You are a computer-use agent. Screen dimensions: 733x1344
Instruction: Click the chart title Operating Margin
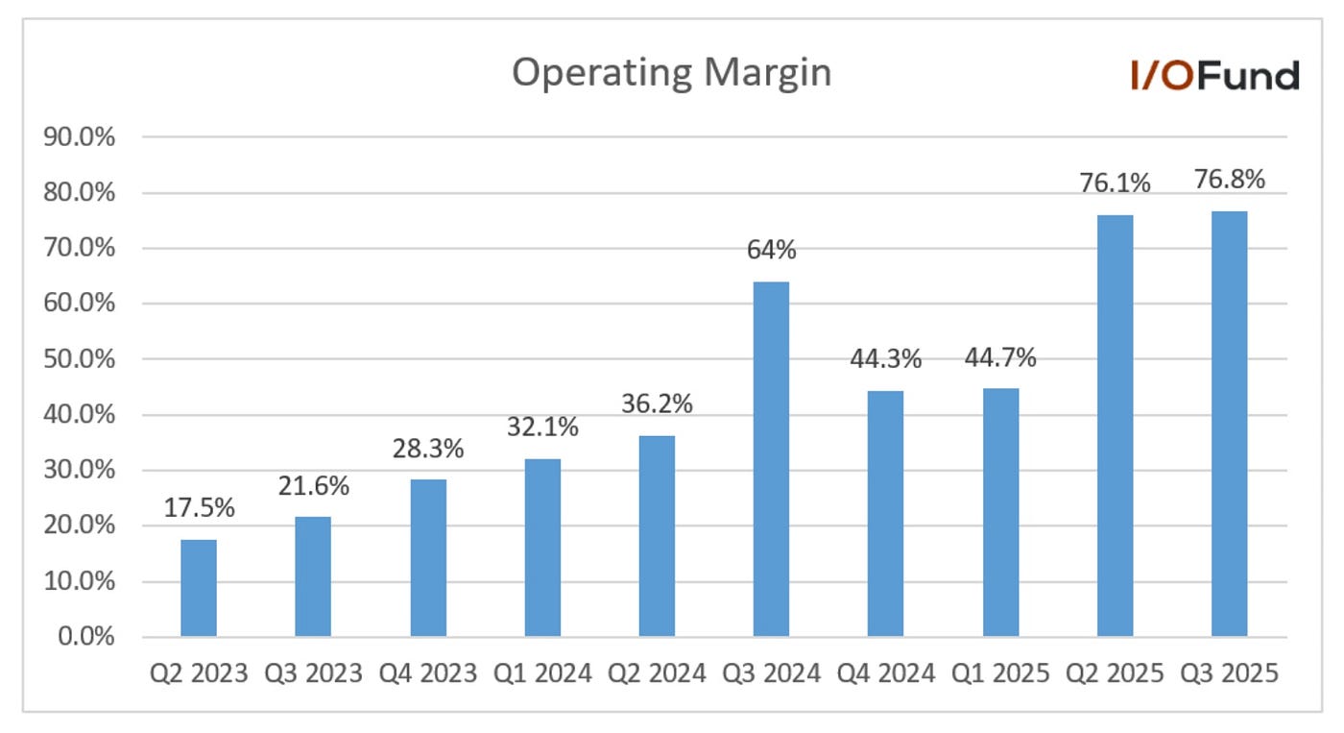[671, 73]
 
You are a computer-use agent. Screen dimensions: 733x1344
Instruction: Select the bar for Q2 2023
[199, 588]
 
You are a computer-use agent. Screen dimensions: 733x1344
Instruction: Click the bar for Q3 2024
[771, 459]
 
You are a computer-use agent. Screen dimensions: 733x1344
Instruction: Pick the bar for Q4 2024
[885, 514]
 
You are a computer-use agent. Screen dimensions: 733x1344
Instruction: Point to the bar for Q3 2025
[1229, 424]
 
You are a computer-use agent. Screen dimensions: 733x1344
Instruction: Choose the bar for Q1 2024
[542, 548]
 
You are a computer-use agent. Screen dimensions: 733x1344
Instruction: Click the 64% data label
[771, 251]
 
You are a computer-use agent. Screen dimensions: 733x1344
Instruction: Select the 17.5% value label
[199, 509]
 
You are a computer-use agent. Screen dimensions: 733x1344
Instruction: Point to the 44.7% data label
[1000, 358]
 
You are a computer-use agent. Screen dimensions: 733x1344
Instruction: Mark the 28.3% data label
[428, 449]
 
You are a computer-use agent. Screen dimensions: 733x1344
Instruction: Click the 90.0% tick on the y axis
[80, 137]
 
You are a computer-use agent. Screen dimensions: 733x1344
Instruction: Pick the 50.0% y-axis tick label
[80, 359]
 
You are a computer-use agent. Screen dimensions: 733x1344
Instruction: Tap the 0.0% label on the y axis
[86, 637]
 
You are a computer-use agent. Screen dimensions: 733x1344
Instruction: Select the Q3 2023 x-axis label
[313, 673]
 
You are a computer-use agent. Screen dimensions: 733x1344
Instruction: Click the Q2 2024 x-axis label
[657, 673]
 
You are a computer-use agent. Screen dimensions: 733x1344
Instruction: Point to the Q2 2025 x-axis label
[1115, 673]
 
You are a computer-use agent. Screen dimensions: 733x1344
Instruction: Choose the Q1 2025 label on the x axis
[1000, 673]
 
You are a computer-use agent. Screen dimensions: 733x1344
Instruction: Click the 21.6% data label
[313, 486]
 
